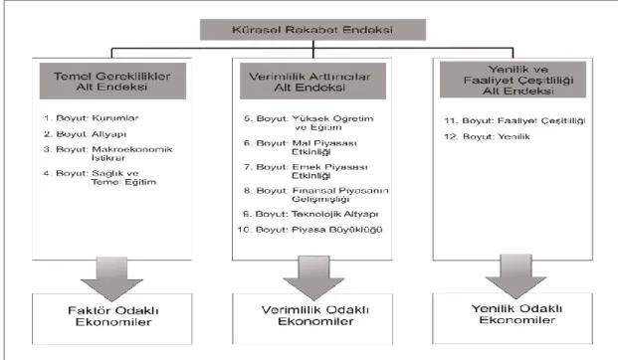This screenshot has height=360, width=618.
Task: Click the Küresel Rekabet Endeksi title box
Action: [x=312, y=30]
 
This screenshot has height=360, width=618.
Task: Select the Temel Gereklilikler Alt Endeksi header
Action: [x=112, y=81]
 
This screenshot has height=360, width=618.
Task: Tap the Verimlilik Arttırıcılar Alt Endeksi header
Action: [x=312, y=81]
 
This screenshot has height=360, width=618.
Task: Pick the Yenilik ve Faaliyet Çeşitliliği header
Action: [x=514, y=80]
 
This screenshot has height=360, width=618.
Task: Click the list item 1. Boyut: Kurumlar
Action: [x=91, y=118]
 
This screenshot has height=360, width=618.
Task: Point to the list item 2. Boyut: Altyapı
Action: [x=86, y=134]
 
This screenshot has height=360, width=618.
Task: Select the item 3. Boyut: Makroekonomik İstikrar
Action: [x=108, y=153]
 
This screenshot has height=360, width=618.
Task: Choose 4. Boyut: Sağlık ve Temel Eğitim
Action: [x=100, y=178]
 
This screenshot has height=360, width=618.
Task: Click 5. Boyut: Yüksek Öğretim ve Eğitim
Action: [x=309, y=123]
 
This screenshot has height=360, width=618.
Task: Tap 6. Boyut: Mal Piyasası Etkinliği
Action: [x=301, y=147]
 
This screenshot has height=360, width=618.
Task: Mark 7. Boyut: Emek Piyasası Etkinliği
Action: [x=306, y=171]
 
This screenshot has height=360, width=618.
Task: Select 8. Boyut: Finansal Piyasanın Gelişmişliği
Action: [x=316, y=195]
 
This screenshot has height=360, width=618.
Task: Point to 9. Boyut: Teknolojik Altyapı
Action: [x=310, y=214]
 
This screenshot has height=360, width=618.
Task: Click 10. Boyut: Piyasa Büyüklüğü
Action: [x=309, y=230]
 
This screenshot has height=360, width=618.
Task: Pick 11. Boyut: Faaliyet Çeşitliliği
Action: [x=515, y=121]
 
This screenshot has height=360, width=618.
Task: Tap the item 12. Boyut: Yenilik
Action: [x=487, y=136]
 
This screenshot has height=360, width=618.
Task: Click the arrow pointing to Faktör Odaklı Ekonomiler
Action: [x=111, y=278]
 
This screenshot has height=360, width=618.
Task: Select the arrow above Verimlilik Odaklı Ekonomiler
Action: [x=314, y=277]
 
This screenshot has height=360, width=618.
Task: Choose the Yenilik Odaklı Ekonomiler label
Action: [x=517, y=314]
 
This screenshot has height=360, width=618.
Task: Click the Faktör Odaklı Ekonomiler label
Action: [x=113, y=316]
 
